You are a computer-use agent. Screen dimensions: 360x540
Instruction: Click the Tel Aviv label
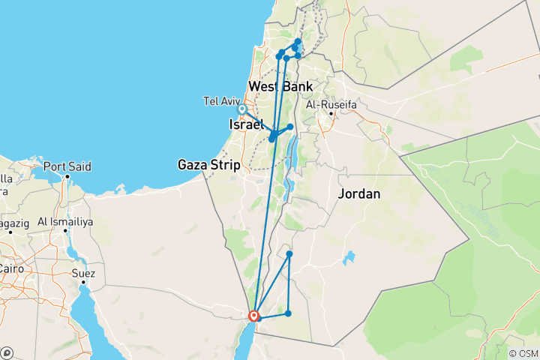(220, 100)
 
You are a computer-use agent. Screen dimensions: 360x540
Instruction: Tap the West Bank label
(280, 86)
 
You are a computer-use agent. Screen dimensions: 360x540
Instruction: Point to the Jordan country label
(359, 193)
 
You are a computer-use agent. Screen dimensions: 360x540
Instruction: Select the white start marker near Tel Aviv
(242, 109)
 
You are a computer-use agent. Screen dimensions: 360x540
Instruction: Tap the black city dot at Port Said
(67, 177)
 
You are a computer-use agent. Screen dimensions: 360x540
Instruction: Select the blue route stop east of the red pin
(288, 313)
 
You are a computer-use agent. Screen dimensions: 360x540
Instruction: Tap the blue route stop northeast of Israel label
(290, 127)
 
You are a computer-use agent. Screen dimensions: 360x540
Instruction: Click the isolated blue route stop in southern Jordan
(289, 254)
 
